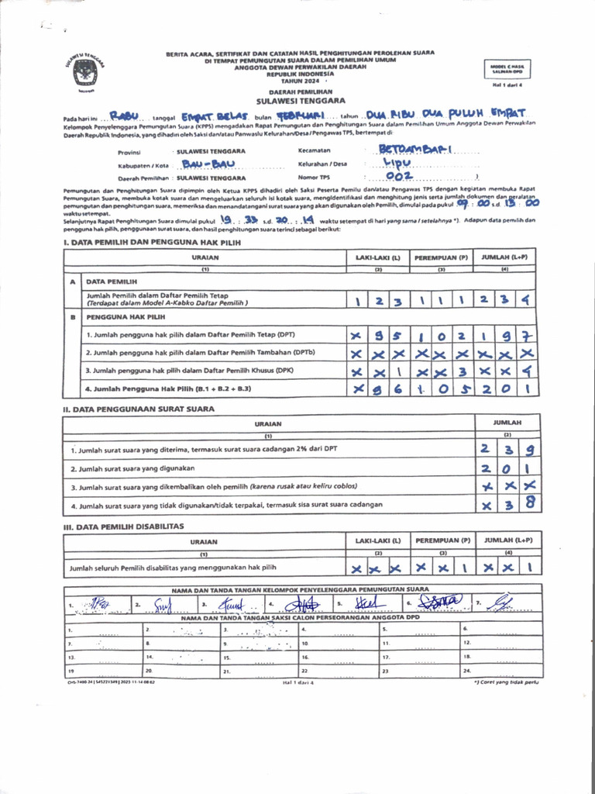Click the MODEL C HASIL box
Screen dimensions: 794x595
[x=507, y=69]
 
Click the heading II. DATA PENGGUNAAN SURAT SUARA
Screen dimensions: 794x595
[x=139, y=409]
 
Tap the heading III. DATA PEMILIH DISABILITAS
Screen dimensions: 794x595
[x=123, y=526]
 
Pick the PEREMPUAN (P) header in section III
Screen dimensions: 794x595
[x=442, y=540]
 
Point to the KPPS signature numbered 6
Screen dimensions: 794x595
[x=442, y=602]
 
